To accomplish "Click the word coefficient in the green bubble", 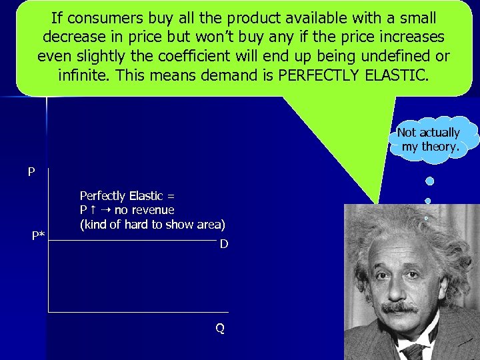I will coord(230,56).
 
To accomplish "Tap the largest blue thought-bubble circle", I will coord(430,181).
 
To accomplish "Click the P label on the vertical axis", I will coord(31,173).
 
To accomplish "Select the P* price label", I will coord(39,235).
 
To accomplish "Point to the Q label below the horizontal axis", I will coord(219,329).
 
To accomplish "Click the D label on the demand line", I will coord(224,244).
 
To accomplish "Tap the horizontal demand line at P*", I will coord(133,233).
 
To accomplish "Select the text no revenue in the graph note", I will coord(144,210).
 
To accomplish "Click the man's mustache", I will coord(401,308).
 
